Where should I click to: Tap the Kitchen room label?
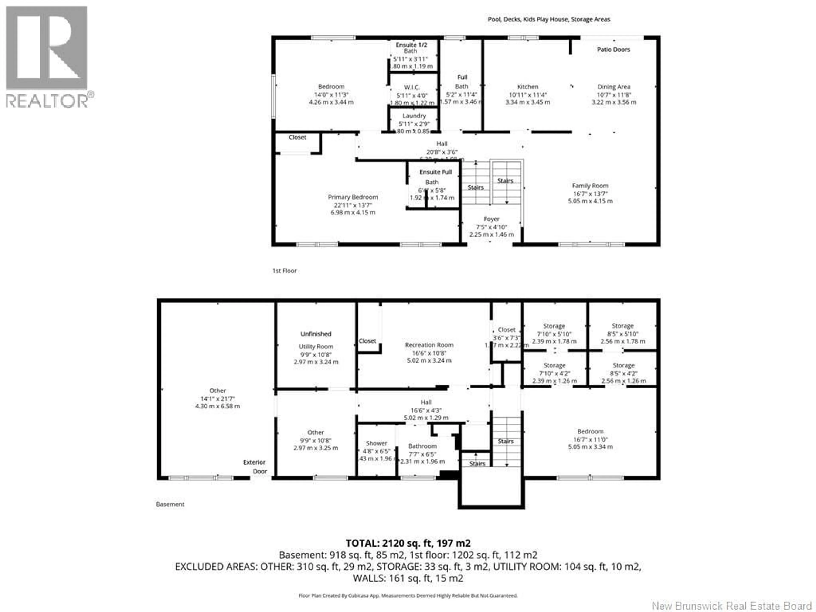(527, 87)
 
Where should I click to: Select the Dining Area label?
(614, 87)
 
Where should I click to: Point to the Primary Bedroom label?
(353, 197)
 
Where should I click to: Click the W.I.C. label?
(412, 87)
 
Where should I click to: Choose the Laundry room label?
(414, 116)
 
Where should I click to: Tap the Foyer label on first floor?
(491, 219)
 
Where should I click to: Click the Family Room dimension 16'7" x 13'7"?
(590, 194)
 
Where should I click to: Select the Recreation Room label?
(429, 345)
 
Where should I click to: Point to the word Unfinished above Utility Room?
(316, 334)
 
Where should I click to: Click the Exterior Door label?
(255, 467)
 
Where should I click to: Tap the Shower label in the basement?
(376, 443)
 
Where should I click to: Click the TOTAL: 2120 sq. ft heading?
(408, 543)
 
